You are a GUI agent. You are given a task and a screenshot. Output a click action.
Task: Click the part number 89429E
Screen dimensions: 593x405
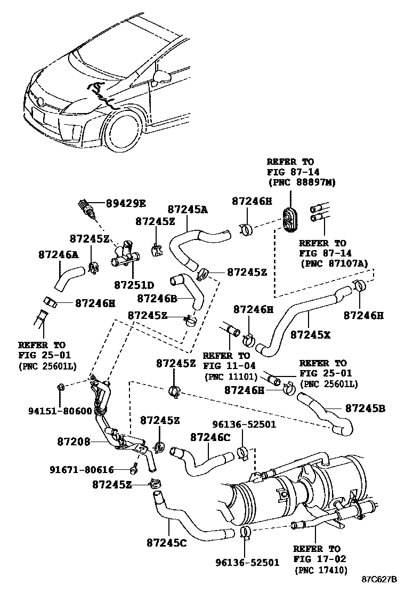click(126, 203)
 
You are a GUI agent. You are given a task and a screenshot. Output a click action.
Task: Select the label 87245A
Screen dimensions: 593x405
click(187, 210)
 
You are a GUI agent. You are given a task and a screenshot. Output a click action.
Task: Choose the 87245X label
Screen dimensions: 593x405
click(310, 335)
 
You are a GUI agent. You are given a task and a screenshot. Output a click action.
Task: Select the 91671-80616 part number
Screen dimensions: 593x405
click(83, 470)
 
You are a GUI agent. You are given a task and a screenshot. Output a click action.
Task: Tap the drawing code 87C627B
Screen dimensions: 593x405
click(379, 579)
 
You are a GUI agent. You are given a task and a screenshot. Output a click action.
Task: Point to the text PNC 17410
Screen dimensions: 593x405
click(321, 570)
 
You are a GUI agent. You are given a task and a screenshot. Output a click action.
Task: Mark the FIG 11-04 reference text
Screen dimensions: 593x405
click(229, 366)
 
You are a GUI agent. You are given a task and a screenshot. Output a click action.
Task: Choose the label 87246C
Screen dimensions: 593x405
click(210, 437)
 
